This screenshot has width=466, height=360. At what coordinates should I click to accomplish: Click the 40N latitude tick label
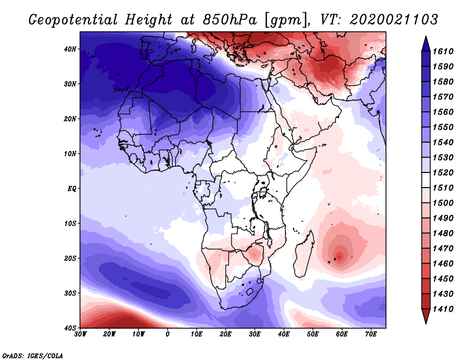(x=70, y=49)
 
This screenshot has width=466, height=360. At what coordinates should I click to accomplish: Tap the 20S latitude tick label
(x=70, y=258)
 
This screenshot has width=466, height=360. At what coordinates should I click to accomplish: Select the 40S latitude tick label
(x=70, y=328)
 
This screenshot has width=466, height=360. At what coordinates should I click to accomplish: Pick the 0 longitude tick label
(x=168, y=334)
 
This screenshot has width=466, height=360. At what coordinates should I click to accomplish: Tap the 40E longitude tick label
(x=284, y=334)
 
